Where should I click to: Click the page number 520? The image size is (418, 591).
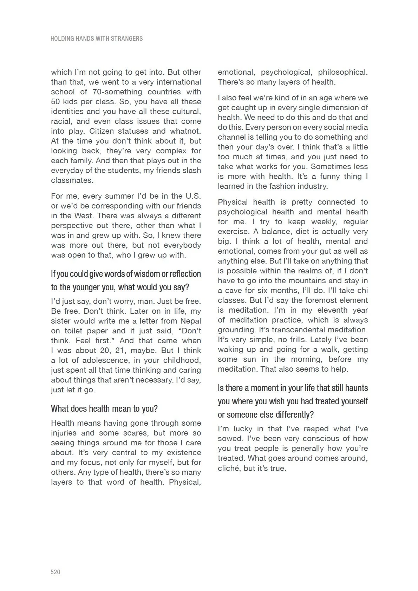point(55,572)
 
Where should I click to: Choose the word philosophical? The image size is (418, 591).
point(342,72)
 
